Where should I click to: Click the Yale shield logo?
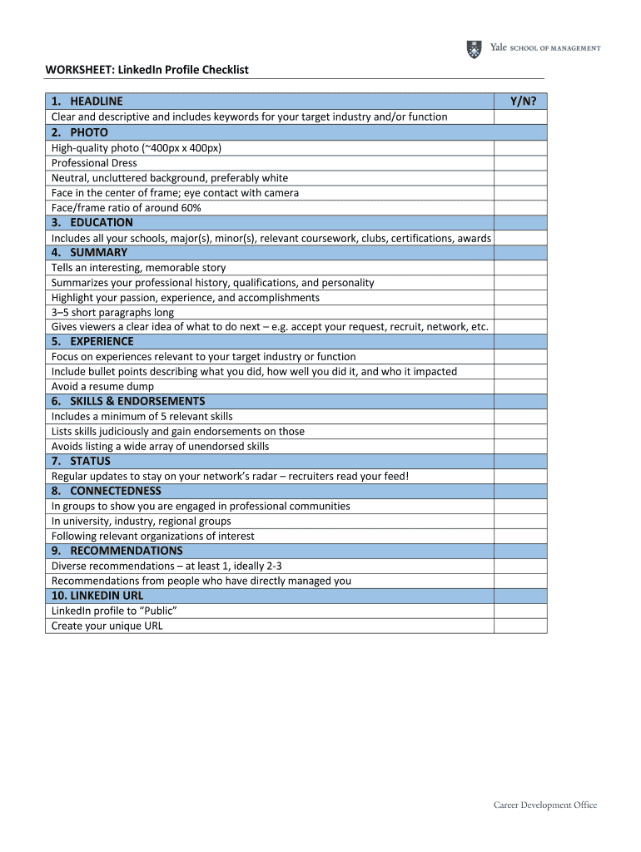474,49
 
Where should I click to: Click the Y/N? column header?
522,102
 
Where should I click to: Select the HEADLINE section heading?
96,102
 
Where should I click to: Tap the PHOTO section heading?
88,132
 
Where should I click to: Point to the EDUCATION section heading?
101,222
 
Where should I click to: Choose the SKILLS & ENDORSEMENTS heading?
137,401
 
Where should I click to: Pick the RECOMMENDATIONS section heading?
126,551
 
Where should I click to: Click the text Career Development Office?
545,805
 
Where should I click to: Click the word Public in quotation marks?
152,611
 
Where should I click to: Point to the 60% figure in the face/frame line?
190,208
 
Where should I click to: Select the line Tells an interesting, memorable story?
138,268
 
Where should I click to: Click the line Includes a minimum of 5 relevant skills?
142,416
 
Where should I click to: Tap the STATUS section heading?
90,461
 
